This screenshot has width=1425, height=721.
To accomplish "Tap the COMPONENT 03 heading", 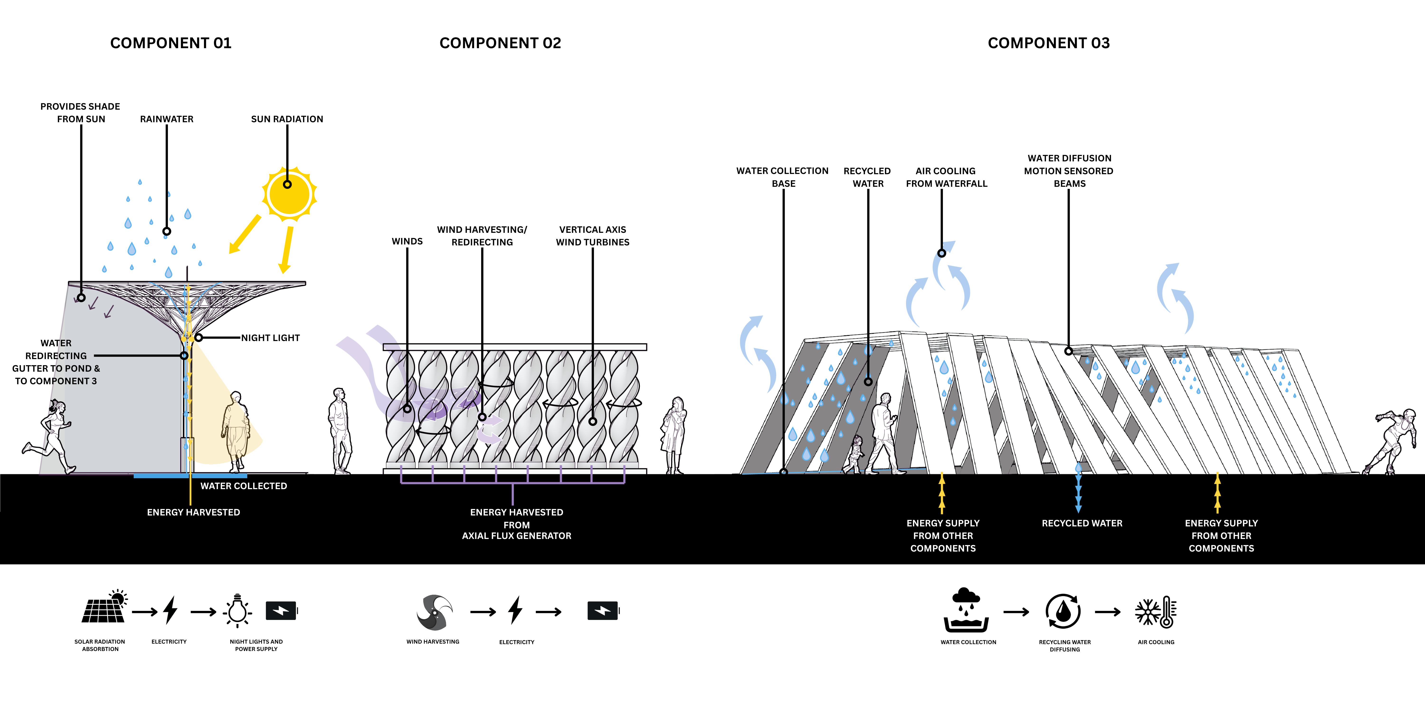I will (1048, 43).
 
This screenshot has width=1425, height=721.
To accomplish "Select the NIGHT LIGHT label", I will (271, 338).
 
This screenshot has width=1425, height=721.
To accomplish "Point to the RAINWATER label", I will (166, 119).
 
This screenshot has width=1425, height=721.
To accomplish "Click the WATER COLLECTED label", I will (243, 486).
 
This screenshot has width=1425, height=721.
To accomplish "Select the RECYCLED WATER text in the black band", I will (1082, 523).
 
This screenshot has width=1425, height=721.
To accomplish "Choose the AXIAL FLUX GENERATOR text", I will (516, 536).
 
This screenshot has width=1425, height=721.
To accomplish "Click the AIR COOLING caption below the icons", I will (1156, 642).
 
